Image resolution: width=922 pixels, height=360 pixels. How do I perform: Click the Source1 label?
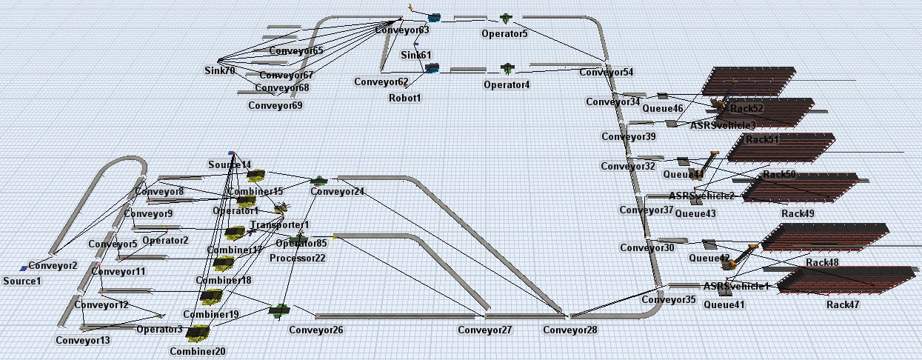click(22, 281)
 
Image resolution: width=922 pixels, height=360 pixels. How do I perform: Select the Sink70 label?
click(220, 71)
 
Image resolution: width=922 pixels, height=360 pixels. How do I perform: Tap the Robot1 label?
click(405, 98)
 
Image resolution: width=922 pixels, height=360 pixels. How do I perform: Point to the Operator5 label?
click(504, 33)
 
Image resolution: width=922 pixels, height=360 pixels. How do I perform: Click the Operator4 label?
click(507, 85)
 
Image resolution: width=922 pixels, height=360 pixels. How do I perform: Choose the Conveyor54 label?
click(607, 73)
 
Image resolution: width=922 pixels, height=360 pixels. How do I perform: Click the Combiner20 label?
click(197, 351)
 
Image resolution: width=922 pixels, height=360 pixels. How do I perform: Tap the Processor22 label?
click(298, 258)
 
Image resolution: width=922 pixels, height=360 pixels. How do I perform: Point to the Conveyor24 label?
click(337, 192)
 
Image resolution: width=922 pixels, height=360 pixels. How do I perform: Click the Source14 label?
click(230, 164)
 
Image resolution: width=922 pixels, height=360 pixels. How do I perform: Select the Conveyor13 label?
click(83, 341)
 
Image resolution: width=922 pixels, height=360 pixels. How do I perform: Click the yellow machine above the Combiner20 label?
click(197, 333)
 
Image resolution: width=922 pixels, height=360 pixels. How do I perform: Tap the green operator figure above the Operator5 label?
click(507, 17)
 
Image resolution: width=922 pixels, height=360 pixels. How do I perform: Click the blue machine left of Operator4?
click(432, 68)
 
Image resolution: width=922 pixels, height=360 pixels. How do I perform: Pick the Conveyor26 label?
click(316, 330)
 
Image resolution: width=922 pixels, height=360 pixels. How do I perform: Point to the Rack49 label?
click(798, 213)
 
